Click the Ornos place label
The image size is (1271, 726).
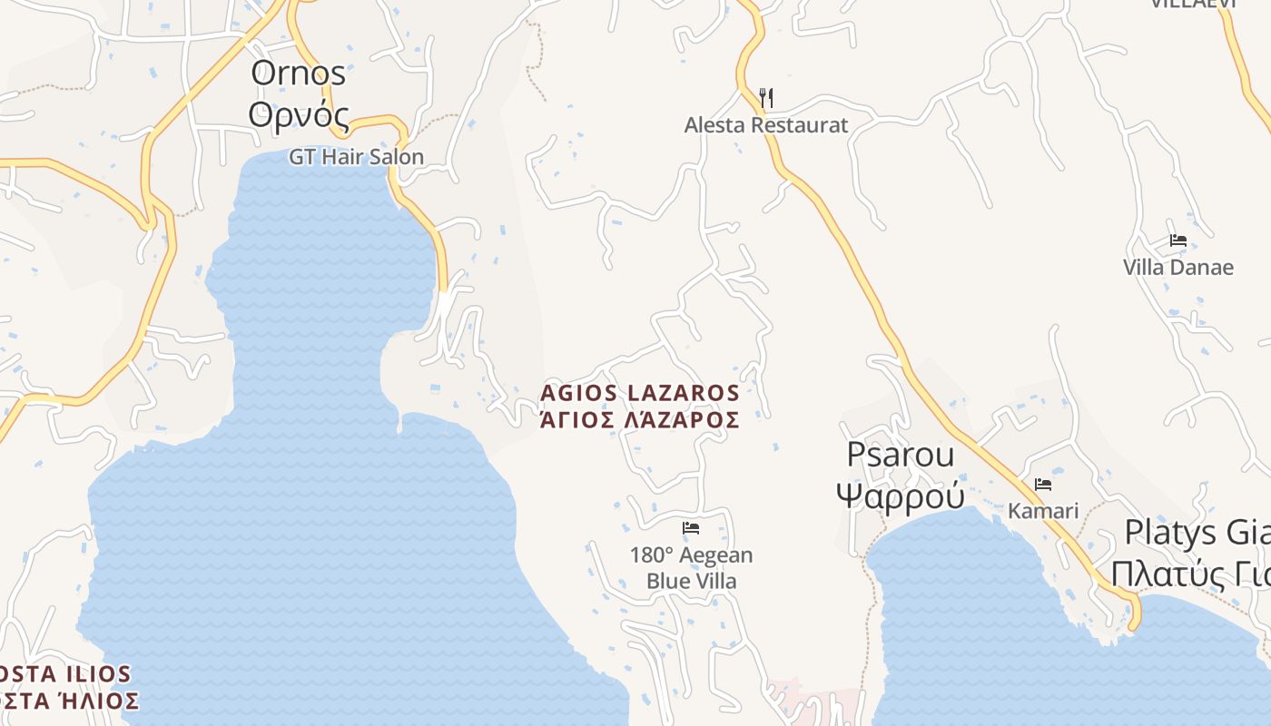click(x=299, y=74)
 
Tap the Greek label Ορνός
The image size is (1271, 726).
click(x=299, y=115)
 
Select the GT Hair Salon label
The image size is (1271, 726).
click(x=356, y=157)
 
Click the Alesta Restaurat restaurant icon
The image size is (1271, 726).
click(x=766, y=97)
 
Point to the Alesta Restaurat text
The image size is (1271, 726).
click(x=766, y=125)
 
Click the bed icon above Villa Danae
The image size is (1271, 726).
click(x=1178, y=240)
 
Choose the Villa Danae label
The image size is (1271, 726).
click(x=1178, y=268)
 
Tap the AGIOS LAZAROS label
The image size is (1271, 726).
click(x=640, y=393)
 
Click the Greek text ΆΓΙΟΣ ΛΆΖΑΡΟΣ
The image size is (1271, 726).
click(x=640, y=419)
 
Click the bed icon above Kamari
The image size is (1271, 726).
click(x=1043, y=485)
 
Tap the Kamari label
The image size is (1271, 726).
click(x=1043, y=511)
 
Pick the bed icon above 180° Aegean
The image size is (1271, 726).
click(x=692, y=528)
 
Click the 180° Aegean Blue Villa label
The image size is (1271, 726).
click(x=692, y=568)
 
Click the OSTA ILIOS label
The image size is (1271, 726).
click(x=65, y=674)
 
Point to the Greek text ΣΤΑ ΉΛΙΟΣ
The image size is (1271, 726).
click(x=70, y=701)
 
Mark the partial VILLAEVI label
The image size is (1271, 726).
click(x=1193, y=4)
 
